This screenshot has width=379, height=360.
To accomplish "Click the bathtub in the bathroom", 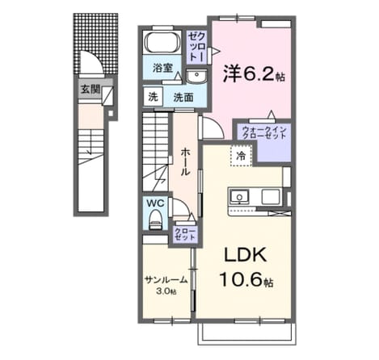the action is coord(162,43).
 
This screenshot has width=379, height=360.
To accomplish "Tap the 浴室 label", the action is coord(162,68).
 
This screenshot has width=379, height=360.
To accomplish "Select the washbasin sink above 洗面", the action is coord(197,76).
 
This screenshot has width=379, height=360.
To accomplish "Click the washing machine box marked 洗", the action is coord(153,97).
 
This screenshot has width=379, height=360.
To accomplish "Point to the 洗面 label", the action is coord(183,98).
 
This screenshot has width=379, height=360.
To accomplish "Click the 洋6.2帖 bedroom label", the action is coord(254,73).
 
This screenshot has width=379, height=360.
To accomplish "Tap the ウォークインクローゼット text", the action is coord(264,132).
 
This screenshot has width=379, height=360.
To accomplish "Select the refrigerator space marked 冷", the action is coord(241,156).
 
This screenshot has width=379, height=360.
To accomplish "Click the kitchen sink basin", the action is coord(239,196).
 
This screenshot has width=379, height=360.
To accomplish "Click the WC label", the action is coord(155,203).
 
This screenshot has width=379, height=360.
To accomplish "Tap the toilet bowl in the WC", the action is coord(155,220).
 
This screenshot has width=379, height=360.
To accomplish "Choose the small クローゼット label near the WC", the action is coord(185,234).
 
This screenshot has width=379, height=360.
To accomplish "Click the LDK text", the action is coord(246,254).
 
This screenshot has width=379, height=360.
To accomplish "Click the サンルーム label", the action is coord(166,280).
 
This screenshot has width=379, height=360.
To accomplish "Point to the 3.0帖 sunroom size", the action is coord(166,291).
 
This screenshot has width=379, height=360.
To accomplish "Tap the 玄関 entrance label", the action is coord(91,89).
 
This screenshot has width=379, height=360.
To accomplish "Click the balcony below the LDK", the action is coord(246,333).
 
